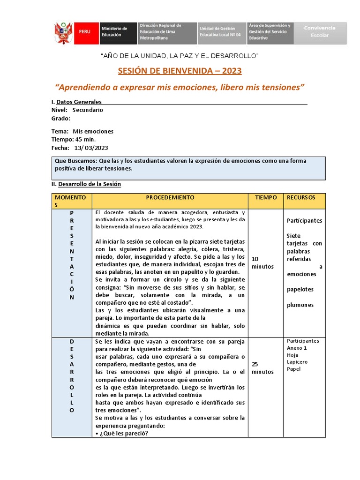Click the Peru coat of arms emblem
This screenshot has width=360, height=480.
62,33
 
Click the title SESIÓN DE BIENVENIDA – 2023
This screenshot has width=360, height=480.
180,71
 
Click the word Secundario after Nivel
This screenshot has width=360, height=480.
88,110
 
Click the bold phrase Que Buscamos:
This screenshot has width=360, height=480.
73,161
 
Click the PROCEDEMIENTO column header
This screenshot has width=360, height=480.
170,198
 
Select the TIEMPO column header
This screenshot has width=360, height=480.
266,198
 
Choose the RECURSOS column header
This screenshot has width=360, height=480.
301,198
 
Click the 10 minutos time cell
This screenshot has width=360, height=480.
263,262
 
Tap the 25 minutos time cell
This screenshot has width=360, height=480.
263,368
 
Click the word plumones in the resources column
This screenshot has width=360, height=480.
300,305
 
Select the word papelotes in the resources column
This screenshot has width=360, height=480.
300,290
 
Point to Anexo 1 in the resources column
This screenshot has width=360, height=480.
297,348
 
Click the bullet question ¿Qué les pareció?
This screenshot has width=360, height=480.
122,433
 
